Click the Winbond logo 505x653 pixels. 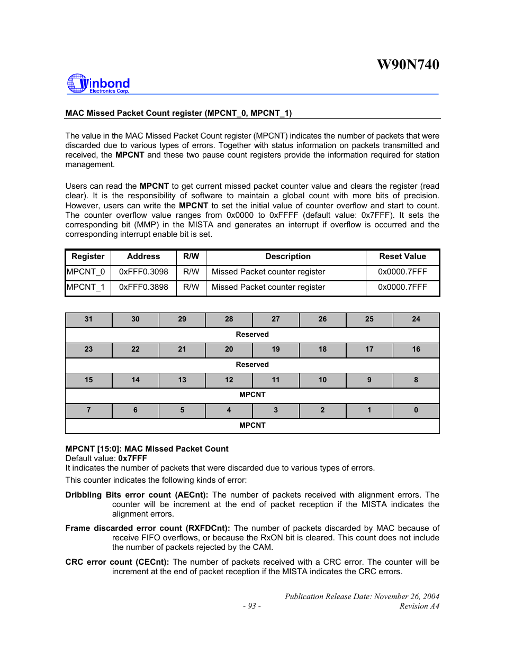pyautogui.click(x=98, y=84)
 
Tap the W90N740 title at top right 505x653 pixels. pyautogui.click(x=408, y=65)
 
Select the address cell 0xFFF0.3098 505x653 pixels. pyautogui.click(x=143, y=272)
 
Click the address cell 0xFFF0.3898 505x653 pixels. pyautogui.click(x=143, y=287)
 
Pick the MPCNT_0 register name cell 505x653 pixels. pyautogui.click(x=86, y=272)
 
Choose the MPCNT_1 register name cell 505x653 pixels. pyautogui.click(x=86, y=287)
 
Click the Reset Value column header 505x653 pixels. pyautogui.click(x=402, y=256)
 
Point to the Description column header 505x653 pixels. pyautogui.click(x=288, y=256)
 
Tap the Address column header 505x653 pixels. pyautogui.click(x=143, y=256)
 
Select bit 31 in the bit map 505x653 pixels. pyautogui.click(x=88, y=319)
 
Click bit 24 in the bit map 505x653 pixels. pyautogui.click(x=416, y=319)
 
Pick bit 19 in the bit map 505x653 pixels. pyautogui.click(x=276, y=350)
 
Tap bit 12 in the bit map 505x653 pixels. pyautogui.click(x=229, y=380)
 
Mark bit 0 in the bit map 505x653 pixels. pyautogui.click(x=416, y=410)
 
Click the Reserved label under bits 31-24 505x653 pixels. pyautogui.click(x=252, y=335)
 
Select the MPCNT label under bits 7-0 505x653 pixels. pyautogui.click(x=252, y=426)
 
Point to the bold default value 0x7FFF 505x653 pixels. pyautogui.click(x=132, y=458)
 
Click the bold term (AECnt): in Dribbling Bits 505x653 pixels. pyautogui.click(x=192, y=495)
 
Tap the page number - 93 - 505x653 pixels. pyautogui.click(x=252, y=606)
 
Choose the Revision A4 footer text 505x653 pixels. pyautogui.click(x=419, y=606)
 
